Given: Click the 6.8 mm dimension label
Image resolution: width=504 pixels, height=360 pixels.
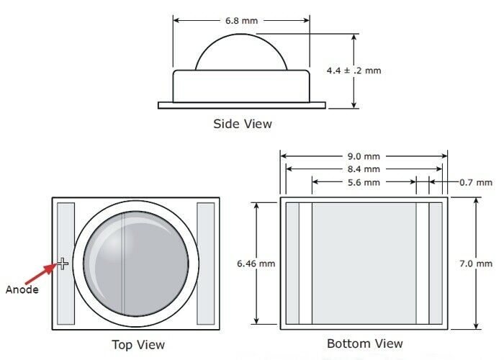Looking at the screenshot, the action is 241,21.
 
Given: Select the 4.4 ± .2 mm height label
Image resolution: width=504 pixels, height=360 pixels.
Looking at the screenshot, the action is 354,71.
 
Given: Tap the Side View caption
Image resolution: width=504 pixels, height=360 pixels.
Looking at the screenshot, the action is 243,124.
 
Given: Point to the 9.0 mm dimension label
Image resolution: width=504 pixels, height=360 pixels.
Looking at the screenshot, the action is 364,156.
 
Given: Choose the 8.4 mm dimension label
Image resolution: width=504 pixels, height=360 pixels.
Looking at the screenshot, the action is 364,169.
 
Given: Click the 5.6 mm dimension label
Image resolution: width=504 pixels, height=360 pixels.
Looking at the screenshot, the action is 364,183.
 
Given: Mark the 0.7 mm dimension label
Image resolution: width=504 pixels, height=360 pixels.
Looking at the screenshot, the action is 476,183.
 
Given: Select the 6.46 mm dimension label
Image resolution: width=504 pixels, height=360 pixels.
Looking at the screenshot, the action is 256,264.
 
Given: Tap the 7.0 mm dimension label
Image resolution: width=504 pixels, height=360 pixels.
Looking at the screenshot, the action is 476,264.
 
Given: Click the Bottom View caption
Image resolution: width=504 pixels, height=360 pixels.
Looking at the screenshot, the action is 365,343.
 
